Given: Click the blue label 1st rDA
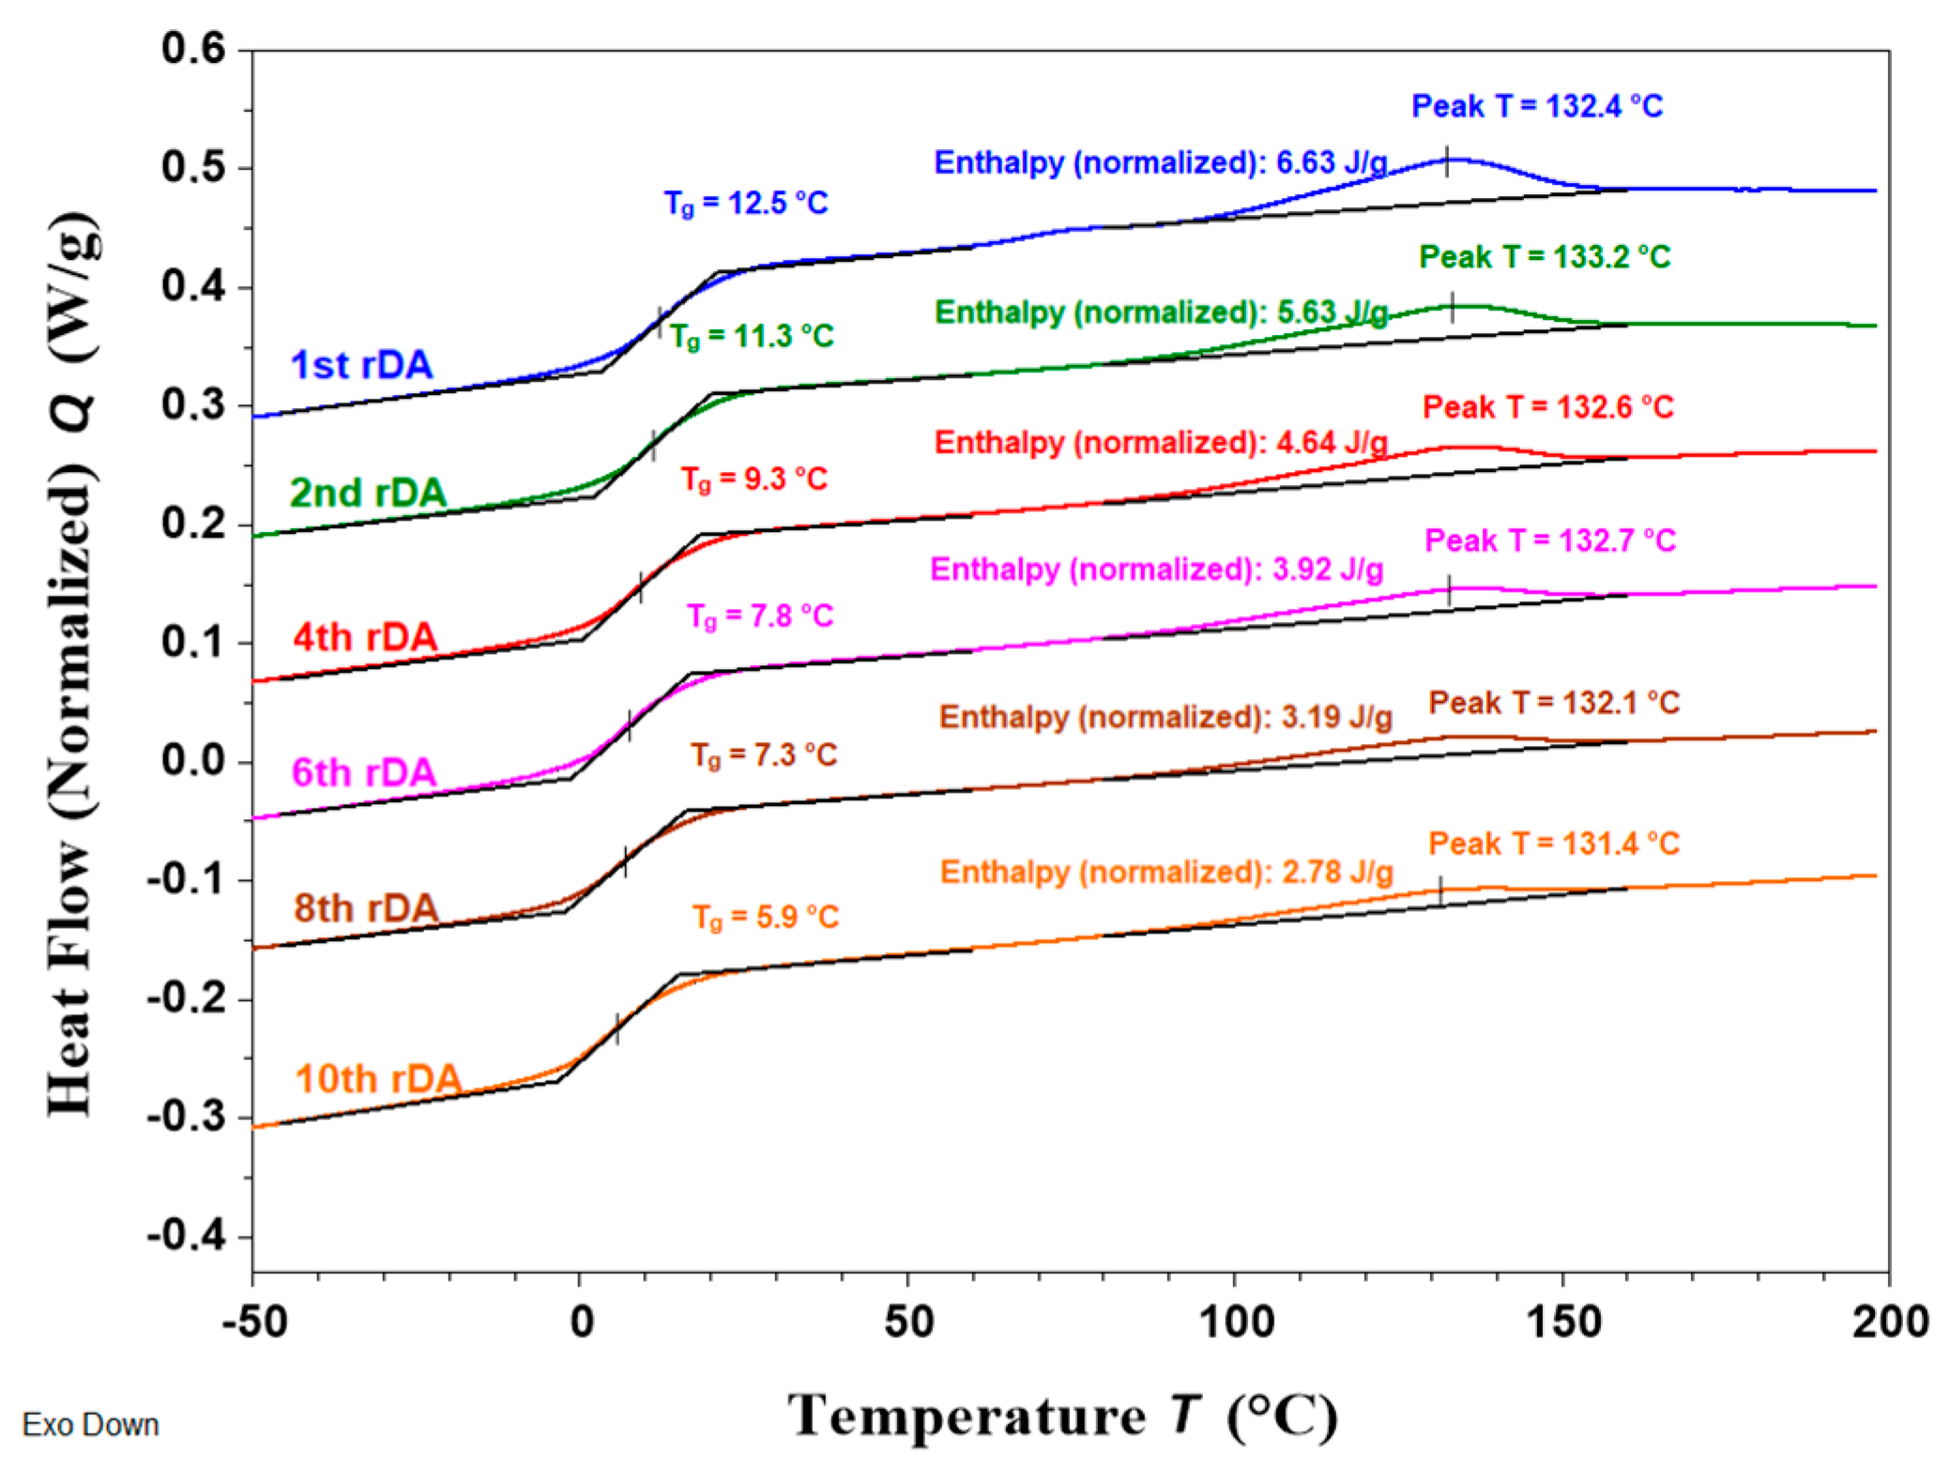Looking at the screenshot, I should [x=361, y=365].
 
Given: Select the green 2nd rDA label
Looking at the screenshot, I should [x=367, y=493].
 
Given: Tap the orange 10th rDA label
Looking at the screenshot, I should [x=378, y=1079].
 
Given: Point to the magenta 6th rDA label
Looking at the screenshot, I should [x=363, y=773].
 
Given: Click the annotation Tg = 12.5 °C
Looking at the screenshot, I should [x=746, y=204].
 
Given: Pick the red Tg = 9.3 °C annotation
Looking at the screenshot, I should [x=754, y=479].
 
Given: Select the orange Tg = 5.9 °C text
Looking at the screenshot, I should [x=765, y=917].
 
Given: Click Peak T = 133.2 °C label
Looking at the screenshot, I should [x=1544, y=257].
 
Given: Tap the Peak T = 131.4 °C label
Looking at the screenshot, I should [x=1553, y=843].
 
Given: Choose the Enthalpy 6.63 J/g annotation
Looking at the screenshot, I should [x=1160, y=163].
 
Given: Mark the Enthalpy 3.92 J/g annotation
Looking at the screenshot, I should [x=1156, y=569].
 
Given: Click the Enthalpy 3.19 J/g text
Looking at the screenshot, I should [x=1165, y=718].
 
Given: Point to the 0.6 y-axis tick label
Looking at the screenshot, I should [x=193, y=49].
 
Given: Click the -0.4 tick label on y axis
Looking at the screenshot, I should [x=187, y=1236].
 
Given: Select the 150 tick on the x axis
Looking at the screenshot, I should [x=1562, y=1322].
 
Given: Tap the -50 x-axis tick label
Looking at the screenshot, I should [x=254, y=1322].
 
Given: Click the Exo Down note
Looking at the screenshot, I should [x=90, y=1424].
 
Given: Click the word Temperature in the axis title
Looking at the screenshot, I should [x=967, y=1416].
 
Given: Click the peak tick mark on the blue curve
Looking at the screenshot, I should [x=1446, y=161].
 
